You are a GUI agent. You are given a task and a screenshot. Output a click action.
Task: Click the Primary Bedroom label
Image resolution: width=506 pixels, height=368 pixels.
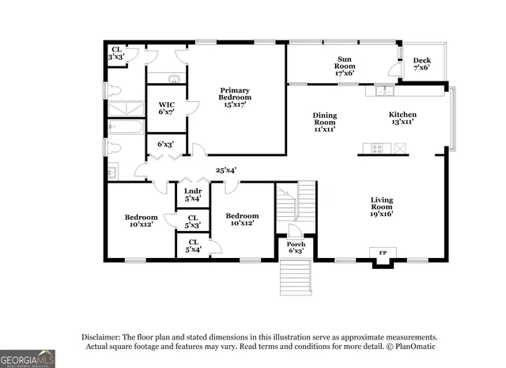(x=236, y=97)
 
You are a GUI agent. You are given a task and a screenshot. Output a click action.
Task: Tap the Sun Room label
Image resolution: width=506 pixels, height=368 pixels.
(x=345, y=66)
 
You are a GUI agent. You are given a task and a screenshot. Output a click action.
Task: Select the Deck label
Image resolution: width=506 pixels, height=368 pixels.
(x=421, y=64)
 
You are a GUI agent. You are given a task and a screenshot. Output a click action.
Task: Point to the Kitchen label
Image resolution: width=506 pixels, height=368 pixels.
(x=402, y=120)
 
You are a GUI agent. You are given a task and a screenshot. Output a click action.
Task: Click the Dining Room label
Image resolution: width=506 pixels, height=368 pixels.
(x=324, y=122)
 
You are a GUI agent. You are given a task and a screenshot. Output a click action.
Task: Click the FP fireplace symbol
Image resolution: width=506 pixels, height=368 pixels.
(x=383, y=253)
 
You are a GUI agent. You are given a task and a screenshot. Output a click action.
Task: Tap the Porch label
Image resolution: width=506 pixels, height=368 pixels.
(x=296, y=247)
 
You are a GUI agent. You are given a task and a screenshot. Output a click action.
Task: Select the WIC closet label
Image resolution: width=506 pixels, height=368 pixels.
(x=166, y=109)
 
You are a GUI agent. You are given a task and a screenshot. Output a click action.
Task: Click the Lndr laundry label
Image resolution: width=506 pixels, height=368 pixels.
(x=192, y=195)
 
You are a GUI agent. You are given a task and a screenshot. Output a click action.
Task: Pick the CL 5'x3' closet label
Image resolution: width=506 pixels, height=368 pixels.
(x=192, y=221)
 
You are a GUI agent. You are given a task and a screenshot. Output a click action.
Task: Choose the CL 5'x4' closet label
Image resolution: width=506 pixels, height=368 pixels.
(x=192, y=246)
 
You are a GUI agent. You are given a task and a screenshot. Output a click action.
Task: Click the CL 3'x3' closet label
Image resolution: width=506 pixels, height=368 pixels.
(x=116, y=53)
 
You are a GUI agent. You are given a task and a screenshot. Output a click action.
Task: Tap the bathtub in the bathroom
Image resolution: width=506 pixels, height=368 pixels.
(x=126, y=127)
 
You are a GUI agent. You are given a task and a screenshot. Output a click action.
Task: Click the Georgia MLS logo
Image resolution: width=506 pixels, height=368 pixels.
(x=28, y=359)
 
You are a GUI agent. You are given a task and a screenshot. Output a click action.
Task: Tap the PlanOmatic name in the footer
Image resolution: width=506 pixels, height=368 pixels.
(x=413, y=346)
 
